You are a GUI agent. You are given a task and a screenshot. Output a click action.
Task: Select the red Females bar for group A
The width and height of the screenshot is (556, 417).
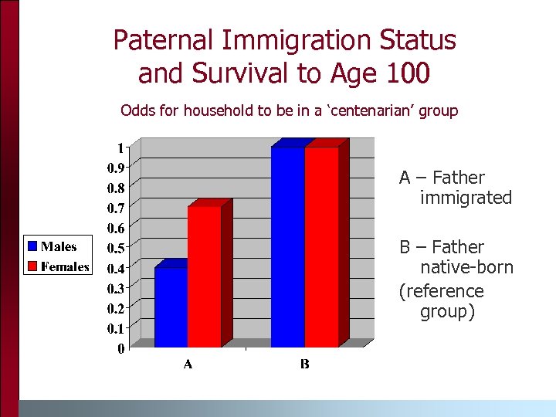(204, 276)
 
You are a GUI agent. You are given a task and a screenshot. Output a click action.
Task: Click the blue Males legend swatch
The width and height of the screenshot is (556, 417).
(32, 246)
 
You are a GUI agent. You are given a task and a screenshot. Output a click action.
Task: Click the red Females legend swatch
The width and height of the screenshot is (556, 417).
(32, 266)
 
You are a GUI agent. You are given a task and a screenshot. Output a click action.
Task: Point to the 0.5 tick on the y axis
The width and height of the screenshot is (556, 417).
(116, 248)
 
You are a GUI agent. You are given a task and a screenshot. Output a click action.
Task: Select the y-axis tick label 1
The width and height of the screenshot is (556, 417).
(120, 147)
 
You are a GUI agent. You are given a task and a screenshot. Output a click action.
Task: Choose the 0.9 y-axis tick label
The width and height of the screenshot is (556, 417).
(116, 168)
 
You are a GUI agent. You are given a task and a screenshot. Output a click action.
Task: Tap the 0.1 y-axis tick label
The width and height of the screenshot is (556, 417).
(116, 328)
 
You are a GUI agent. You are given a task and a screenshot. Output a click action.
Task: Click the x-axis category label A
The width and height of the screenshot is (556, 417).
(188, 364)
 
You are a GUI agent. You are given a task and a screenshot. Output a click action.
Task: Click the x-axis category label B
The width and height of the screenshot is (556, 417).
(304, 364)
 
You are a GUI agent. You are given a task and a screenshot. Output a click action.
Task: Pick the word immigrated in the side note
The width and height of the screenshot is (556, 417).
(466, 198)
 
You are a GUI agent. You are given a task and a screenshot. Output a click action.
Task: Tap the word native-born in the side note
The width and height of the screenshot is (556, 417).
(466, 268)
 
